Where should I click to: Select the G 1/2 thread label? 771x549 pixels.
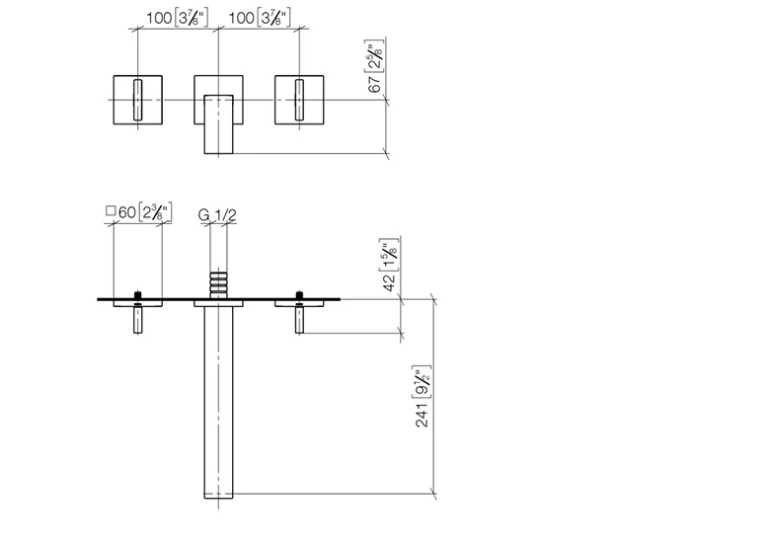tap(217, 213)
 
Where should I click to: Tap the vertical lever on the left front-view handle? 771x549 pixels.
tap(135, 100)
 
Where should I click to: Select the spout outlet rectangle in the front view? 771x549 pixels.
tap(217, 124)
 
